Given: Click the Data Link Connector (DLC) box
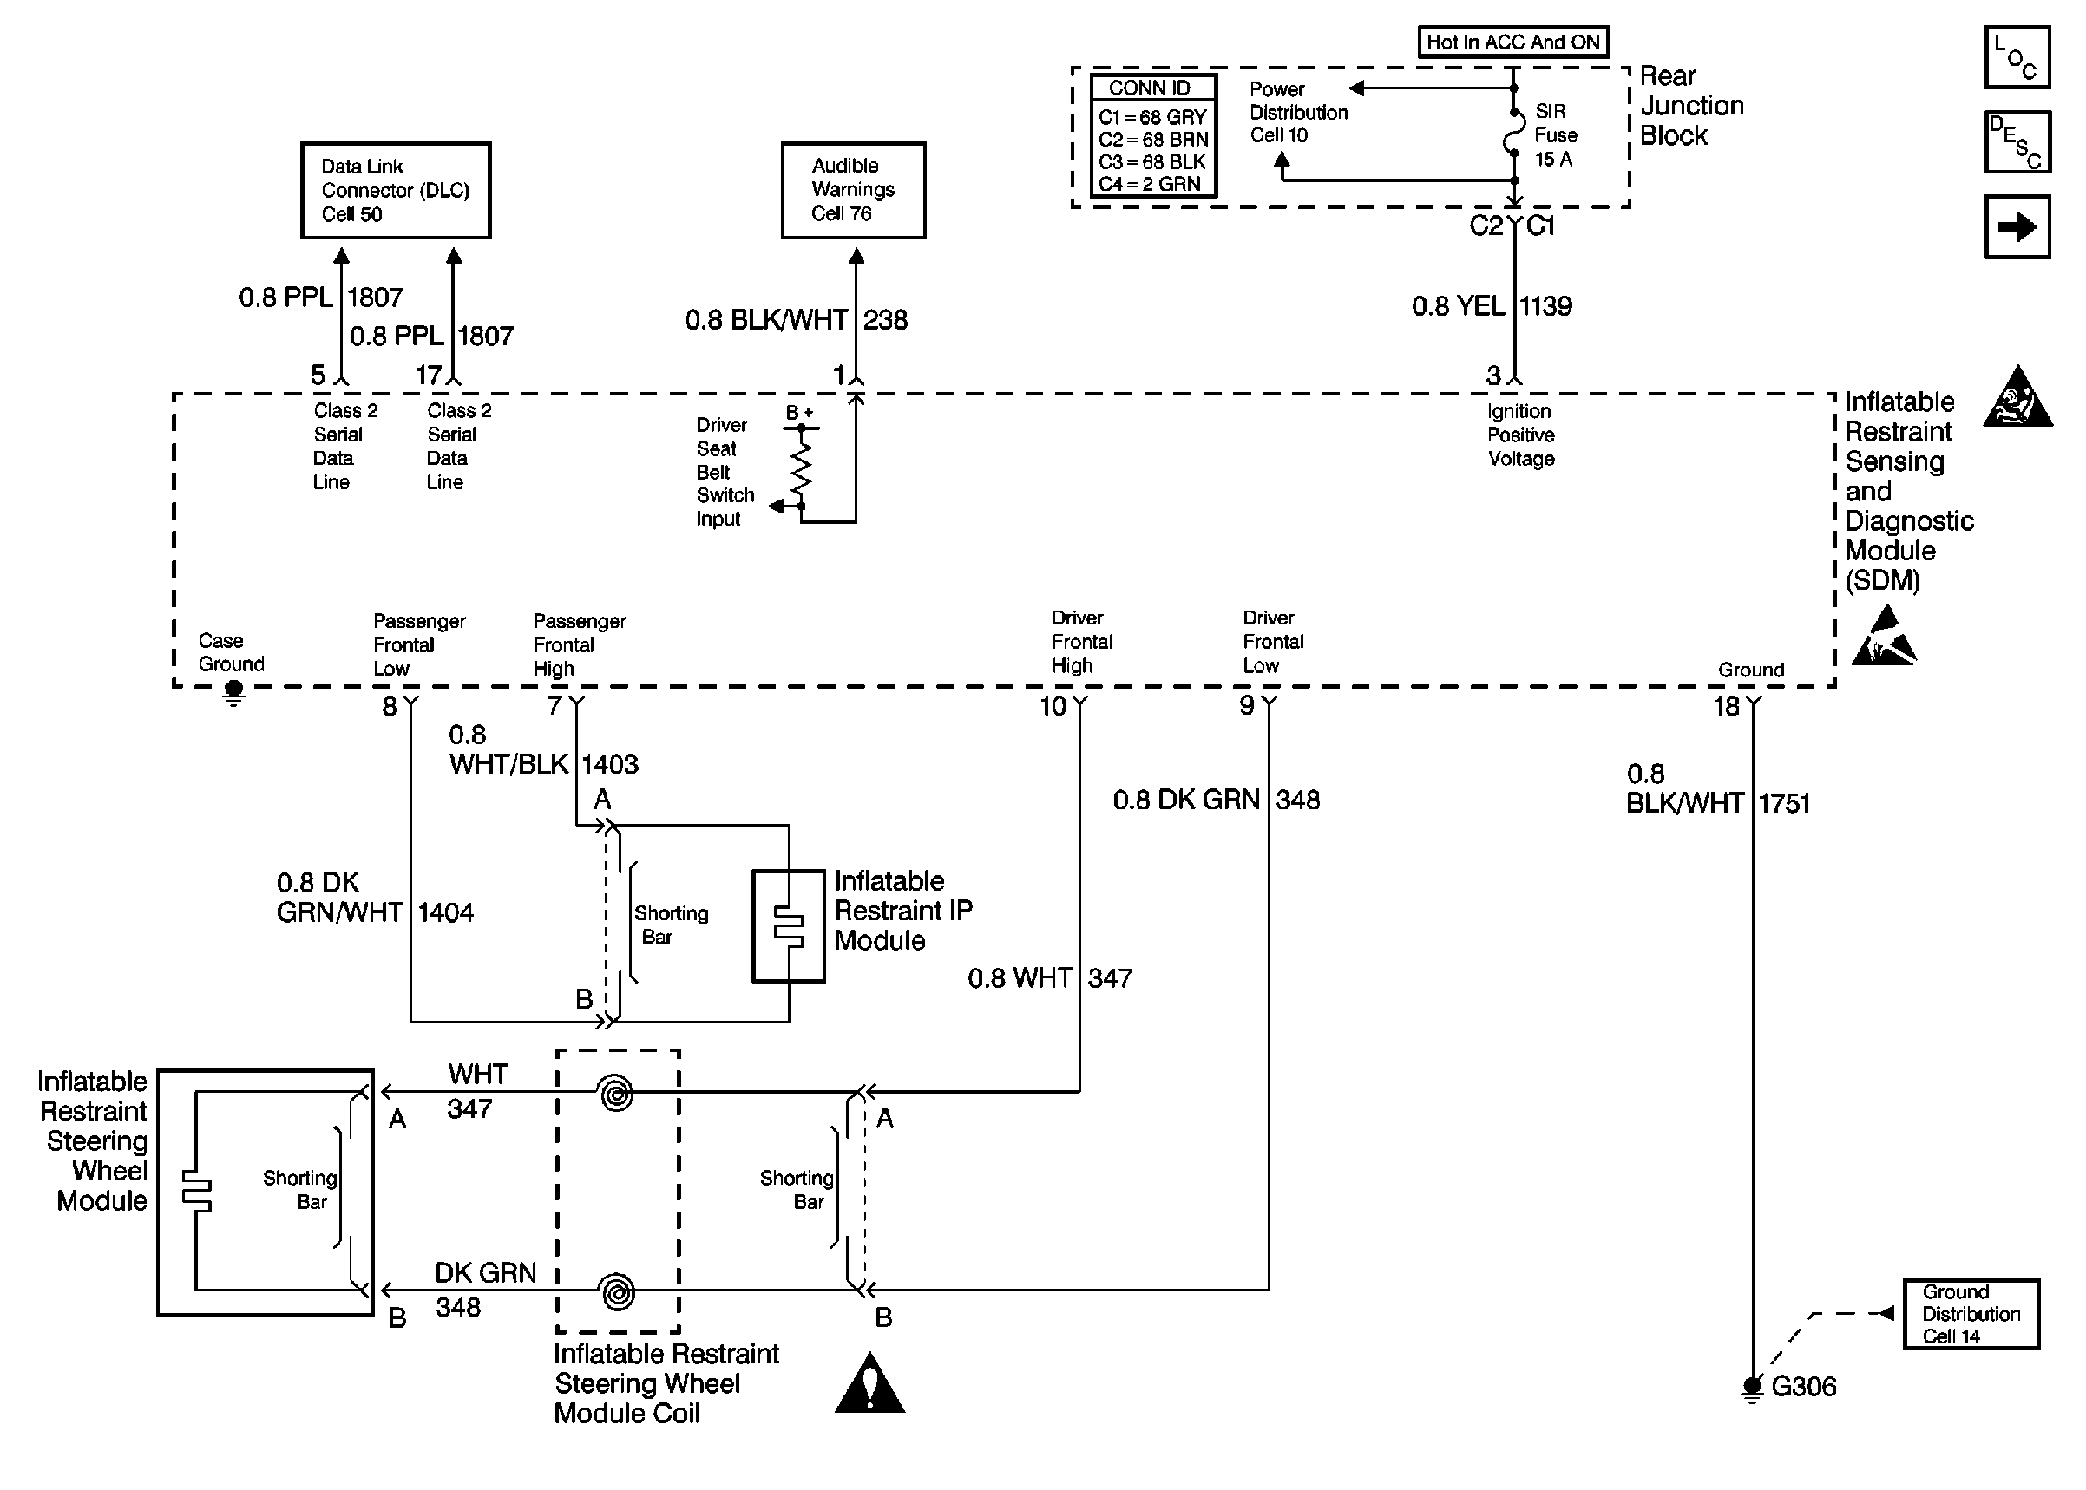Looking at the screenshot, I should coord(396,190).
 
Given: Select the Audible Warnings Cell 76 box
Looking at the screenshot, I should coord(853,190).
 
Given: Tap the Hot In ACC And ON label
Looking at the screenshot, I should coord(1512,42).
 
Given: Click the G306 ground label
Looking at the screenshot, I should coord(1802,1386).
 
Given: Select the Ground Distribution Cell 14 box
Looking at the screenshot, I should coord(1971,1314).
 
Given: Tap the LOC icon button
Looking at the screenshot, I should coord(2017,57).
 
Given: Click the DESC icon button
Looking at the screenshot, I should coord(2017,141).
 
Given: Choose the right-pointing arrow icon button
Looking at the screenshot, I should coord(2017,226).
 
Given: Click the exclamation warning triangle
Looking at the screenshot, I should coord(869,1383).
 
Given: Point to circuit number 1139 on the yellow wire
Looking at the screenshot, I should coord(1546,306).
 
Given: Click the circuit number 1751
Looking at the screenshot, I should coord(1785,804).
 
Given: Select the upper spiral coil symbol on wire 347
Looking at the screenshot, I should coord(616,1093).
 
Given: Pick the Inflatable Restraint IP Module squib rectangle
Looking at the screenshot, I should coord(789,925).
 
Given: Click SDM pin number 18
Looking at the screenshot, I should coord(1726,707).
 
